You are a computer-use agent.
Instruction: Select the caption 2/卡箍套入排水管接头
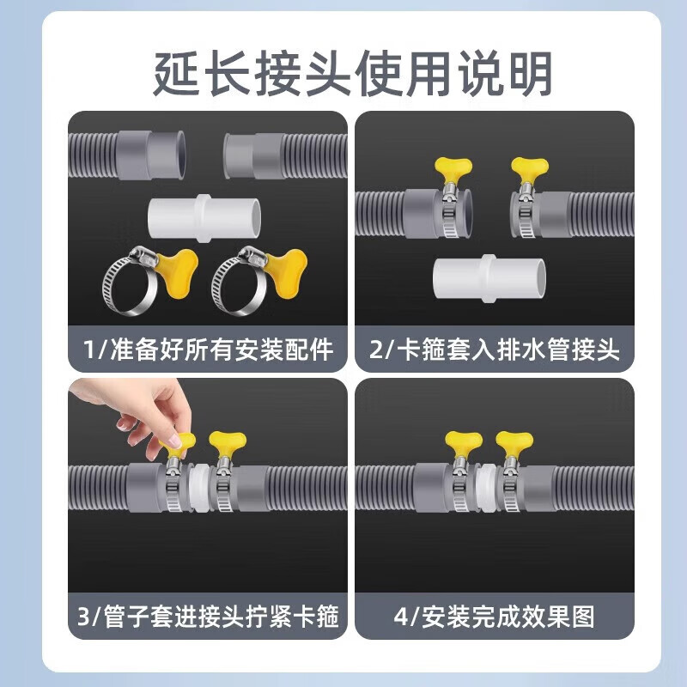495,350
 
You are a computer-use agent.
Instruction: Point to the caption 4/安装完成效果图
495,616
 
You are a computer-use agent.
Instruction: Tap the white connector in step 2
489,280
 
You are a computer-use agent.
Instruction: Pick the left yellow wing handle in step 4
463,443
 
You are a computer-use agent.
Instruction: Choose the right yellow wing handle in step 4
514,443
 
